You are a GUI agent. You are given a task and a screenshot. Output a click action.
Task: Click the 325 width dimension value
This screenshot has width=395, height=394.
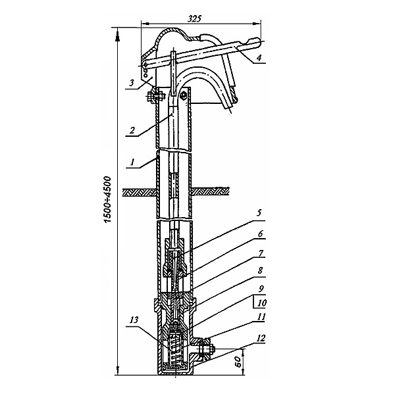coord(195,18)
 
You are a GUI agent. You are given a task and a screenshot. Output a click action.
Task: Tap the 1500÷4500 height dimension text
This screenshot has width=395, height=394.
coord(107,199)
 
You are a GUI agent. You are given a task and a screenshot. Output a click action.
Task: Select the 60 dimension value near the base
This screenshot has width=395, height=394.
coord(238,362)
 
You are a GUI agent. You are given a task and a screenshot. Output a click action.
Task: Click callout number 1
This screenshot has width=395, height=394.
coord(133,162)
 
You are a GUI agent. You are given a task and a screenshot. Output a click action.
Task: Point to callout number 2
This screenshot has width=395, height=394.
coord(132,130)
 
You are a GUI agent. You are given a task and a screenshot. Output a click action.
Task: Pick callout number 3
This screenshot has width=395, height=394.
coord(132,83)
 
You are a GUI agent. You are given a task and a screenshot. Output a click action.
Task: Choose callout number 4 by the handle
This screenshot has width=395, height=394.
coord(259,58)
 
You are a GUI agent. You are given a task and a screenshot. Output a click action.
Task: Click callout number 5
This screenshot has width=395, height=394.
coord(259,213)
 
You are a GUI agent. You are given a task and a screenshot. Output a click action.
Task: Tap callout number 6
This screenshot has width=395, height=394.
coord(261,234)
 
